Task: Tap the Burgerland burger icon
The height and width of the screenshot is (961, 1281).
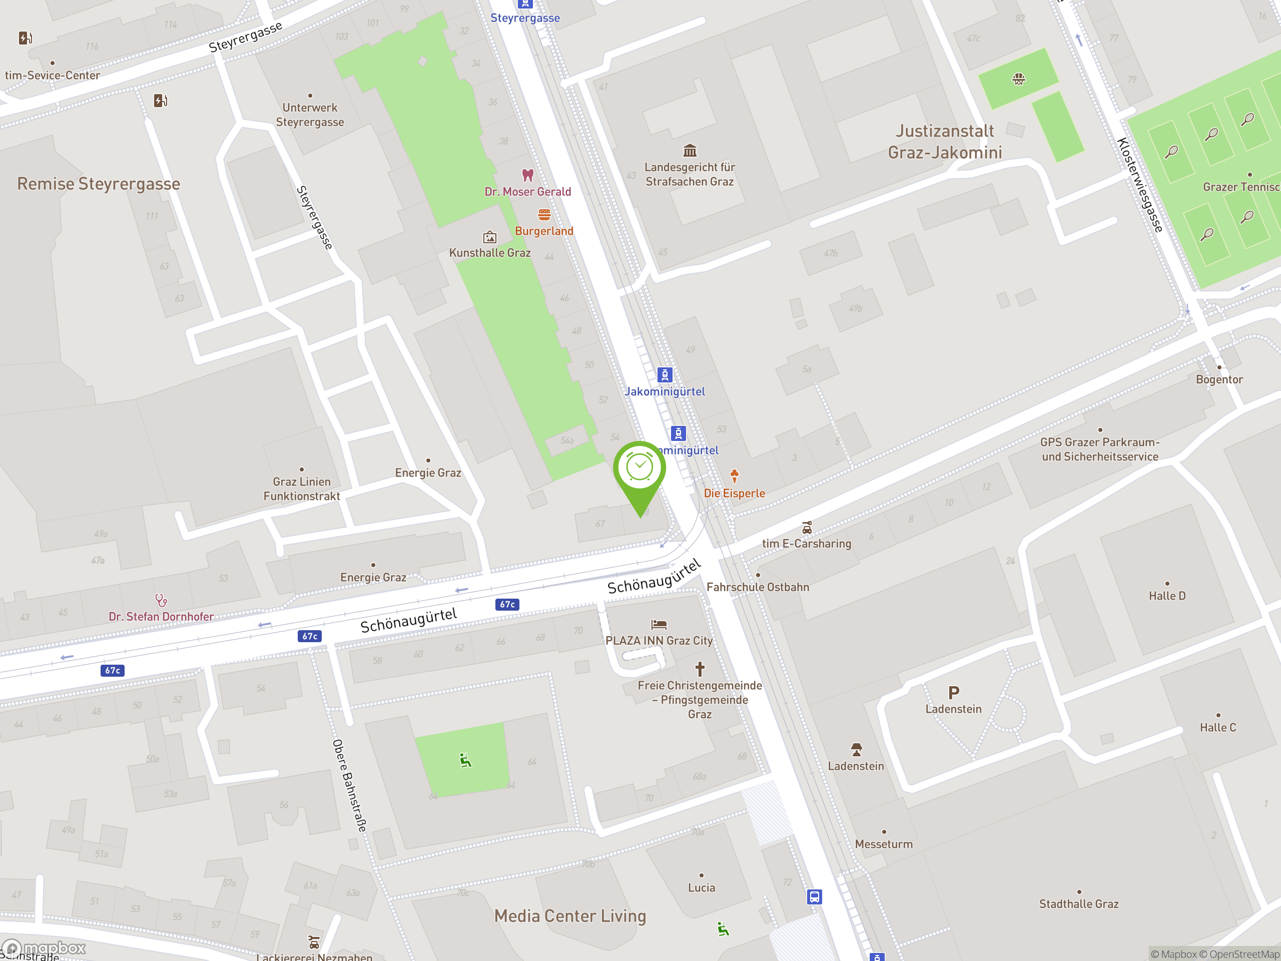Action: tap(544, 215)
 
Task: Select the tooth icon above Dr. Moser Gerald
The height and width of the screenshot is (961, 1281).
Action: tap(527, 174)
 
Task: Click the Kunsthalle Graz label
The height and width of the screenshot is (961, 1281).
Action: tap(490, 253)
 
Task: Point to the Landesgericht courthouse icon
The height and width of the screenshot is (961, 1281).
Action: tap(689, 151)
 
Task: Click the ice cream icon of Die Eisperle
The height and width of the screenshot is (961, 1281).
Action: tap(734, 476)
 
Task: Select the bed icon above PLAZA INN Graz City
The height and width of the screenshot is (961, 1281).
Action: tap(659, 625)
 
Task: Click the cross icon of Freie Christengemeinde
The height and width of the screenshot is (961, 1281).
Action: tap(700, 669)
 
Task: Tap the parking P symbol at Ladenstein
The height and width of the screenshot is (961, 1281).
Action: tap(953, 692)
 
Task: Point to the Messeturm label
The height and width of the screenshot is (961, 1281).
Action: tap(884, 844)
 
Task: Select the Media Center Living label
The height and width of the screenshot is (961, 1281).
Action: tap(570, 916)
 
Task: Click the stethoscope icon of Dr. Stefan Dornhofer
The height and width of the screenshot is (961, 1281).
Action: tap(161, 600)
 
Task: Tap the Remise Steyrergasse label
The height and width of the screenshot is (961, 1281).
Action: tap(99, 184)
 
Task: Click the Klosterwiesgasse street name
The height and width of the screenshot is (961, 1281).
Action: tap(1140, 185)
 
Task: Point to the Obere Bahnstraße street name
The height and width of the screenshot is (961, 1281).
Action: tap(349, 785)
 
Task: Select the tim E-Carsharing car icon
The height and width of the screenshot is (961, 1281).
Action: tap(807, 528)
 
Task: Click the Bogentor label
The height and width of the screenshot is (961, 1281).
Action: tap(1219, 380)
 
